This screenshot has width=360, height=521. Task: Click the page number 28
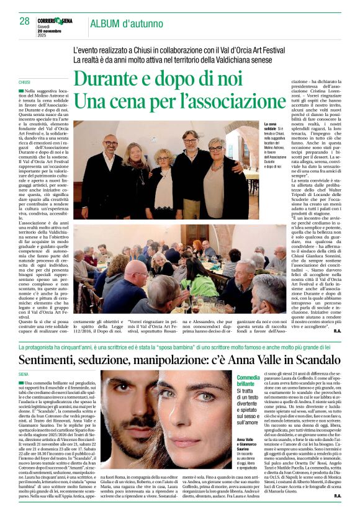(x=24, y=20)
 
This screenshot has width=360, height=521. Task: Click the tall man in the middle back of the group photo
(x=190, y=140)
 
